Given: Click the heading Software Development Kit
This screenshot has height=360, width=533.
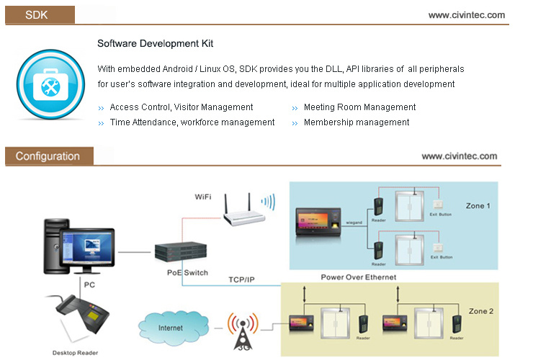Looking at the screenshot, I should [156, 44].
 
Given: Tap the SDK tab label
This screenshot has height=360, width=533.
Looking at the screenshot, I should [36, 14].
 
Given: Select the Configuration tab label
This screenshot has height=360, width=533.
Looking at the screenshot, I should [48, 156].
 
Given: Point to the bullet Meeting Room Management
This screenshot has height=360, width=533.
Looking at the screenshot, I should [359, 107].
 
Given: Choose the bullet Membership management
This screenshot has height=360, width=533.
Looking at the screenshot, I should [357, 122].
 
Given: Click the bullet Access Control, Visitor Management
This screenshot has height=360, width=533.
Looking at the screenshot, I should [182, 107].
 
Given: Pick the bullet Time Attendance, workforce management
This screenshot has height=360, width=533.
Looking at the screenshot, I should [192, 122].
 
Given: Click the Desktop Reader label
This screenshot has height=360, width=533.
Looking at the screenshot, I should [75, 353].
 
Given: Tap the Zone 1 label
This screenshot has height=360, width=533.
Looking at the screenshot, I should [478, 206].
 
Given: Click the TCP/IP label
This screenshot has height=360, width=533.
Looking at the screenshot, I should [241, 279].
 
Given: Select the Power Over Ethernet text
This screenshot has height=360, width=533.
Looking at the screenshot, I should [358, 276].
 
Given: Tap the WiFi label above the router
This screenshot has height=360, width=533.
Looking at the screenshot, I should [203, 197].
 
